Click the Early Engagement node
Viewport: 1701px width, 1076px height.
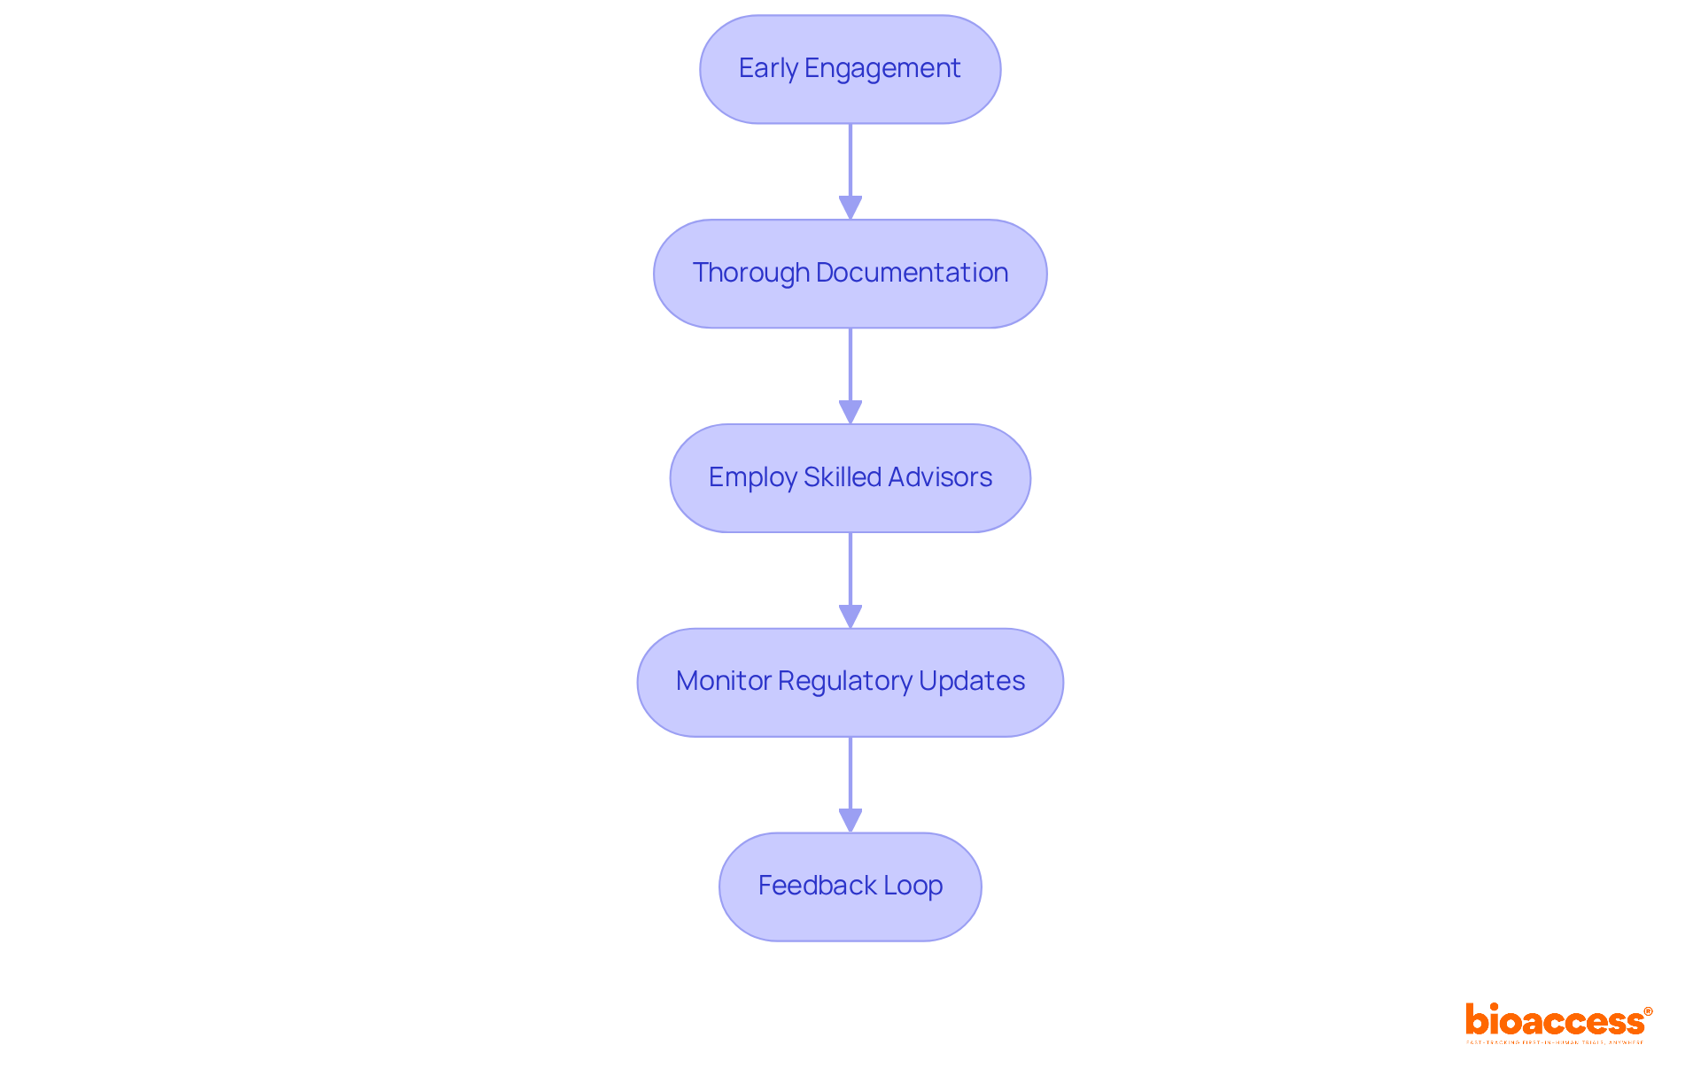[x=850, y=69]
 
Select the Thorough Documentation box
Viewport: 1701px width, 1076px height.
[x=850, y=274]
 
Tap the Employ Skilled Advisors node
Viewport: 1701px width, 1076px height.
[x=850, y=478]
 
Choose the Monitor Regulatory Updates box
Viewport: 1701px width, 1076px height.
[x=850, y=682]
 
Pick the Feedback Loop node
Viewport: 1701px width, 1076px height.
[x=850, y=886]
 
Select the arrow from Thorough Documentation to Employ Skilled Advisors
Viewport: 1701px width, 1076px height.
[x=850, y=375]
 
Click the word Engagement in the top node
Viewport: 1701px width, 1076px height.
[x=882, y=69]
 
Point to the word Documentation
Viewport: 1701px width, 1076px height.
[x=912, y=273]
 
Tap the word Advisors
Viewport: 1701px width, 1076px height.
[x=940, y=477]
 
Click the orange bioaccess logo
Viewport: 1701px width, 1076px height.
[x=1555, y=1021]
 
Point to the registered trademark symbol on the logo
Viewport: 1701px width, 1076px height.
[x=1648, y=1011]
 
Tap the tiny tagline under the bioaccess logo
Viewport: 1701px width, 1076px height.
[x=1555, y=1042]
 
